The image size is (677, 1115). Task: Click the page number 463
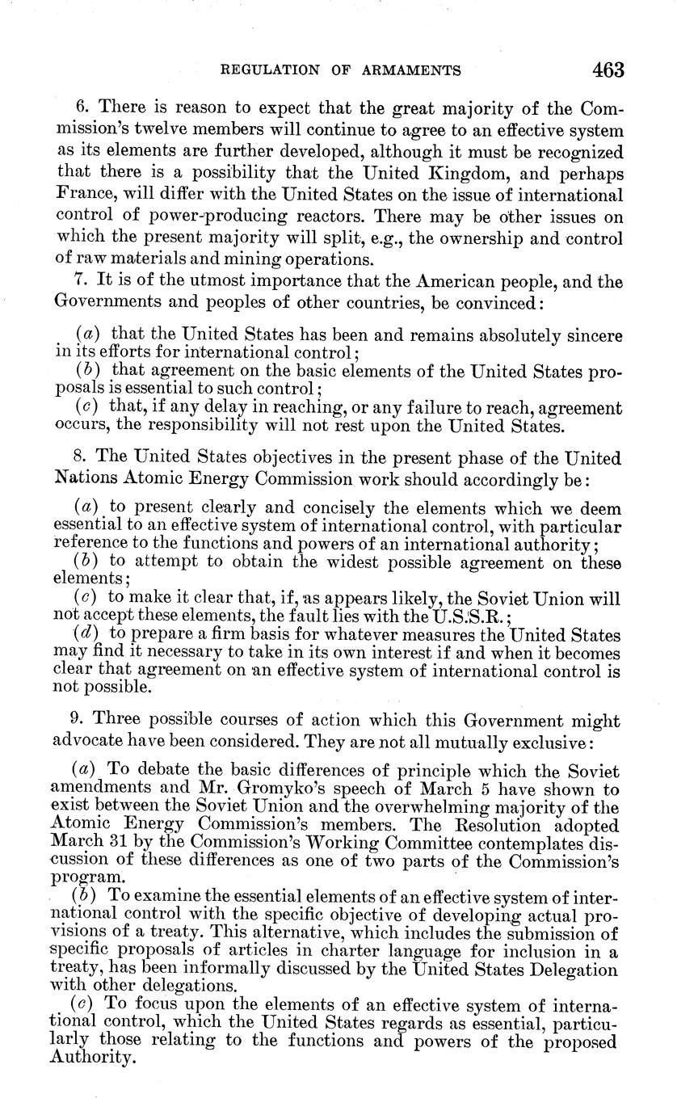point(608,70)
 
